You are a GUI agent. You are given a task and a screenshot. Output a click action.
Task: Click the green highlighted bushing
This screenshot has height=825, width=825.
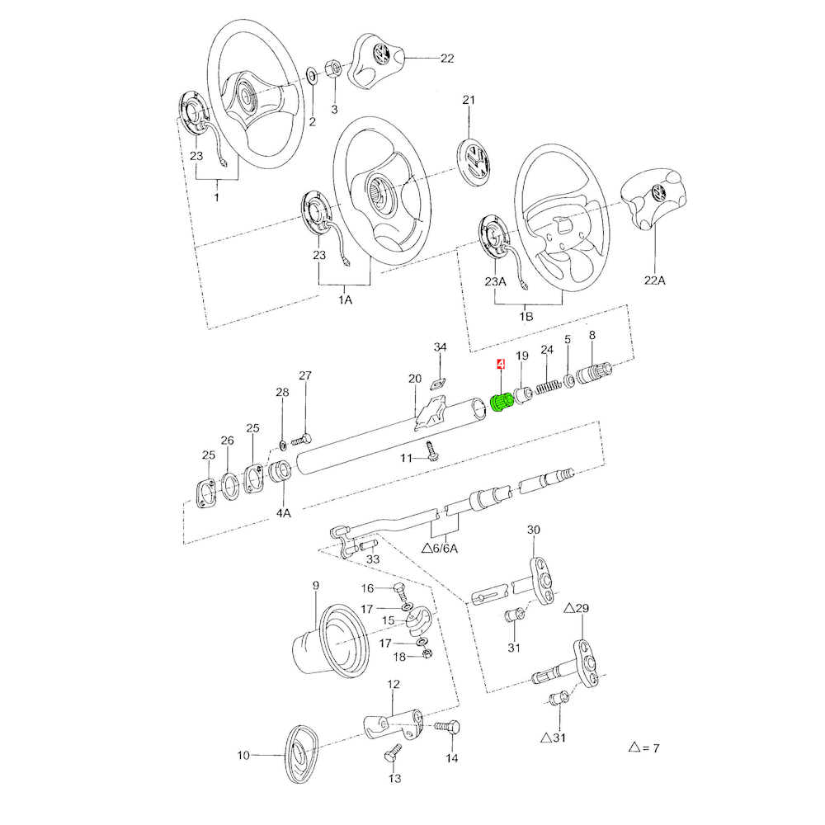click(502, 403)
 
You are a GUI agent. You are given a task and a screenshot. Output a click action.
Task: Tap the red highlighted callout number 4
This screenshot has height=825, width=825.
click(501, 364)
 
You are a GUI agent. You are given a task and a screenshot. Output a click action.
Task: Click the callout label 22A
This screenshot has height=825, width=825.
click(654, 280)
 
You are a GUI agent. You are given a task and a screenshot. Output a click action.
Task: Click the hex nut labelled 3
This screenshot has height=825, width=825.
click(332, 68)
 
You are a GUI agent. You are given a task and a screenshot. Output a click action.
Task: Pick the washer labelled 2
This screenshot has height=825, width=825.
click(312, 76)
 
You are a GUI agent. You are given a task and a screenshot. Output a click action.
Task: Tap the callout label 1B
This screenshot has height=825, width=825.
click(526, 317)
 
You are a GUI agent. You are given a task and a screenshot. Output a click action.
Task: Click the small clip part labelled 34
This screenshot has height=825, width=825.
click(438, 384)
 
